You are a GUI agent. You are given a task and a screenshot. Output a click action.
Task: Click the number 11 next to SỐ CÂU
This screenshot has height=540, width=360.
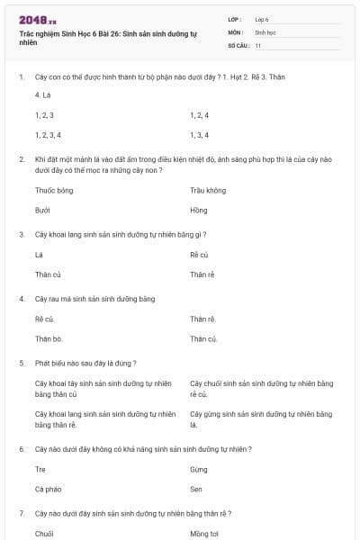tap(258, 44)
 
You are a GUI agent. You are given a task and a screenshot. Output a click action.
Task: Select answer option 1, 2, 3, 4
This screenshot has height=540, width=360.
tap(48, 135)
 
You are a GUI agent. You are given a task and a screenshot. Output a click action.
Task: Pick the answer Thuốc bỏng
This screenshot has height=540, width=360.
tap(54, 191)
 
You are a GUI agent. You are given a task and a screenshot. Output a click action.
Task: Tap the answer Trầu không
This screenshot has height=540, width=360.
tap(208, 191)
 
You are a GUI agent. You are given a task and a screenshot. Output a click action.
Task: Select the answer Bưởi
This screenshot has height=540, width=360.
tap(42, 210)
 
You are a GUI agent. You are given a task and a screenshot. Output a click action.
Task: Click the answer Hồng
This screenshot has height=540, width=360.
tap(199, 210)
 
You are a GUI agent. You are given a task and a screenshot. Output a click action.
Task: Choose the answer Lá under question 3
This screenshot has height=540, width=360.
tap(39, 255)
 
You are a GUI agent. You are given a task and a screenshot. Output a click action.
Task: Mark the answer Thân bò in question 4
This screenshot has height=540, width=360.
tap(48, 338)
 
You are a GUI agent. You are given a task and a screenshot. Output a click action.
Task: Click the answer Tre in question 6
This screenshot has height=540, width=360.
tap(40, 470)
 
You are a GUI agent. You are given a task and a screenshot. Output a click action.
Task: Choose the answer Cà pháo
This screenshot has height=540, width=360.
tap(48, 489)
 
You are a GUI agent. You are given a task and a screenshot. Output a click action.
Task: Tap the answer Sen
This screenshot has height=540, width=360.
tap(197, 489)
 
